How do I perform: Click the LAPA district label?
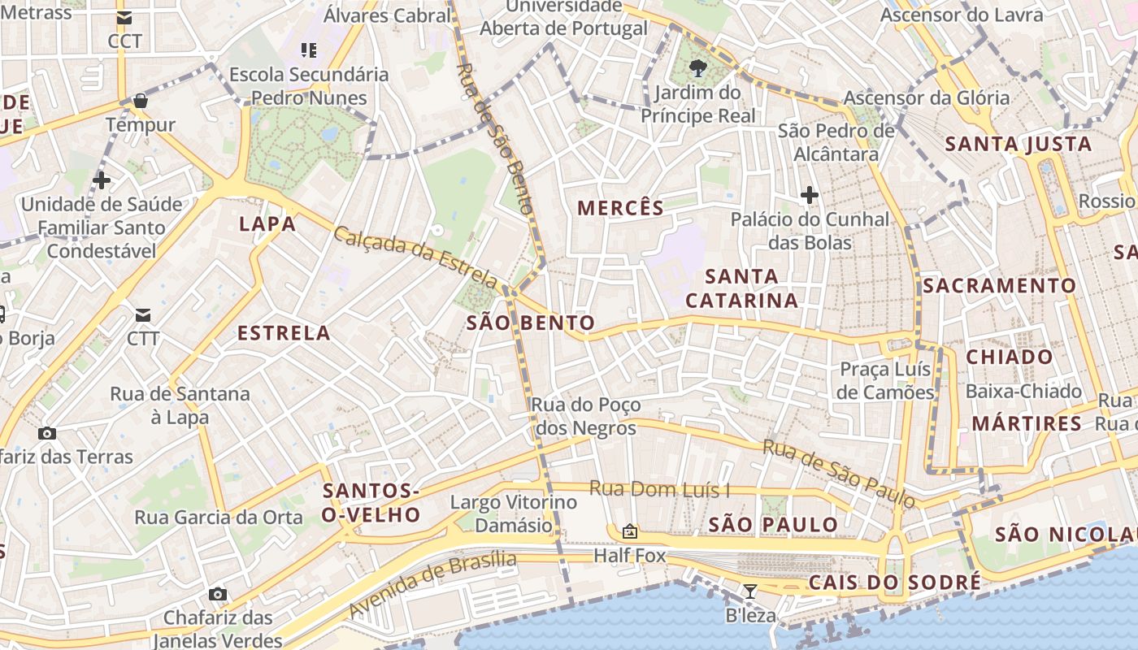coord(267,224)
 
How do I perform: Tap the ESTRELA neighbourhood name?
coord(284,333)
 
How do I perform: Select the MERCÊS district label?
coord(620,208)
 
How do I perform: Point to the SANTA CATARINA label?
coord(741,288)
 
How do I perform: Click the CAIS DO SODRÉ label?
coord(894,583)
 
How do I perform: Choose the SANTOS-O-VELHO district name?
coord(371,503)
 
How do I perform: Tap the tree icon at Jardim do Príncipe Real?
coord(697,67)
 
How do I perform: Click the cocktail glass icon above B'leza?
coord(749,591)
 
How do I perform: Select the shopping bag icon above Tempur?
coord(141,101)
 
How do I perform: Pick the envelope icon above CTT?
coord(143,314)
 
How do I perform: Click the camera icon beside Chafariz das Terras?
coord(47,433)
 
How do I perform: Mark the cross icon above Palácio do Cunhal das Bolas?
coord(809,195)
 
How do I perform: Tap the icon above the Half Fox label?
coord(629,531)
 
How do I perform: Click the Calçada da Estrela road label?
coord(415,258)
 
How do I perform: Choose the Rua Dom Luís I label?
coord(659,489)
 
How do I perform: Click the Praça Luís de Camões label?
coord(886,381)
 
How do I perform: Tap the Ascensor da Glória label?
coord(926,98)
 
